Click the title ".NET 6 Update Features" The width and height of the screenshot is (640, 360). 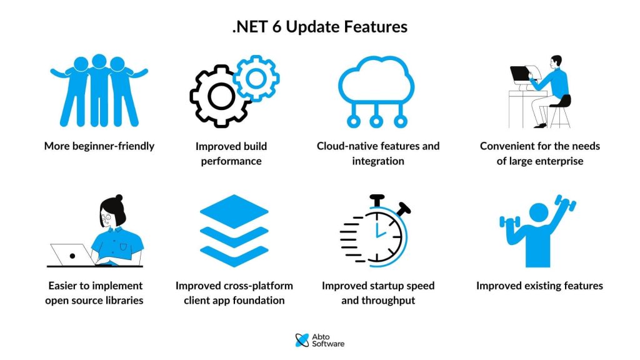pos(319,27)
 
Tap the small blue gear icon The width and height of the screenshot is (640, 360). pos(255,79)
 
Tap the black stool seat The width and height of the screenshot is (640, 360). pos(560,101)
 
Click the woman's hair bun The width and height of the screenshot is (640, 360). pos(119,198)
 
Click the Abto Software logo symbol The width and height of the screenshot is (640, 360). pos(302,340)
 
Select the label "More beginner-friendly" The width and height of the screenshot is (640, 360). pos(99,146)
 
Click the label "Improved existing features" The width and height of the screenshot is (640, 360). pos(539,286)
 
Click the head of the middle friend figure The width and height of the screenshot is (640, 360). pos(99,61)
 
